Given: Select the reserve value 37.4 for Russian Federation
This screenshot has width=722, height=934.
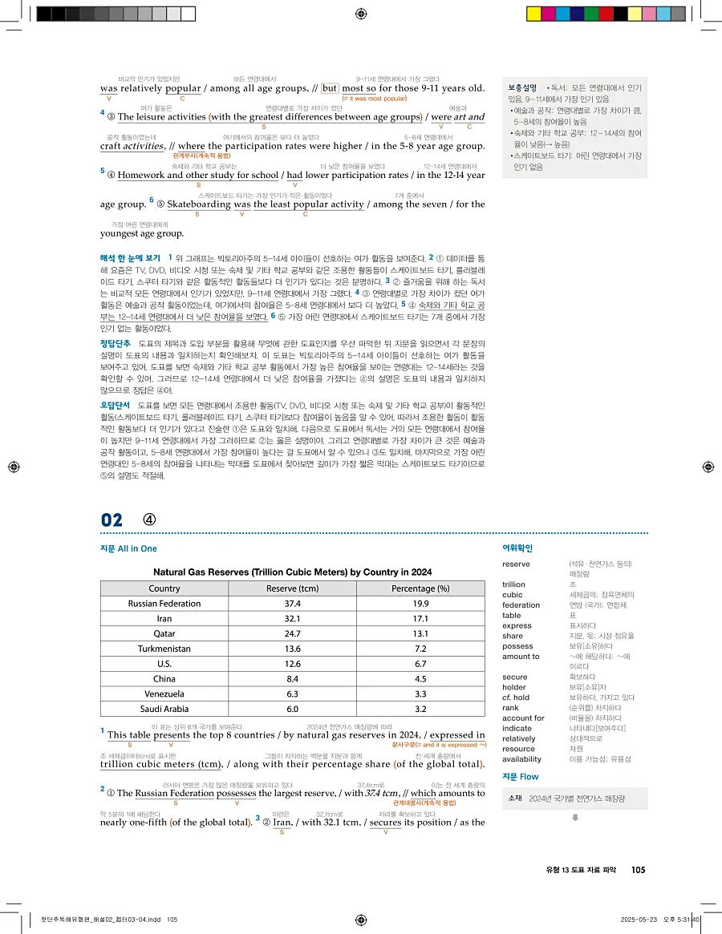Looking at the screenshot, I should (x=292, y=603).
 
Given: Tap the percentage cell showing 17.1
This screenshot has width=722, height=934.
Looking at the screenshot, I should (x=420, y=618).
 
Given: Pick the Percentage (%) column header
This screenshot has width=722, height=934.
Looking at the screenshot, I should (x=420, y=588).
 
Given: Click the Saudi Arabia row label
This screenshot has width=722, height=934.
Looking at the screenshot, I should (x=164, y=709).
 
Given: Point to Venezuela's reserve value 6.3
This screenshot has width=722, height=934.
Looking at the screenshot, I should (x=292, y=693).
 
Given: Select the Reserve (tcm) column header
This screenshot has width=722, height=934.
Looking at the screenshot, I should (x=292, y=588).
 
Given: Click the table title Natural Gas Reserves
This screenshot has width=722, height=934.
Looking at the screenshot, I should (x=292, y=572).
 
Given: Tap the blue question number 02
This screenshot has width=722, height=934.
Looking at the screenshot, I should (x=112, y=520).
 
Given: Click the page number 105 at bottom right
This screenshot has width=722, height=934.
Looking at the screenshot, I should (x=639, y=870).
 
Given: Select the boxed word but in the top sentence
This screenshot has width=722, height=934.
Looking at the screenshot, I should (x=330, y=88).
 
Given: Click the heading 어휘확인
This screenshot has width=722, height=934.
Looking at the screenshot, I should (x=517, y=548).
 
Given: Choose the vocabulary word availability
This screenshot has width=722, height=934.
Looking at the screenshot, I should (x=521, y=758).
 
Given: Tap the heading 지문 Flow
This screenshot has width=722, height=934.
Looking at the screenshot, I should (x=520, y=777).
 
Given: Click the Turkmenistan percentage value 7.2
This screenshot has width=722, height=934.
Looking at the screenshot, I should (x=420, y=649).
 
